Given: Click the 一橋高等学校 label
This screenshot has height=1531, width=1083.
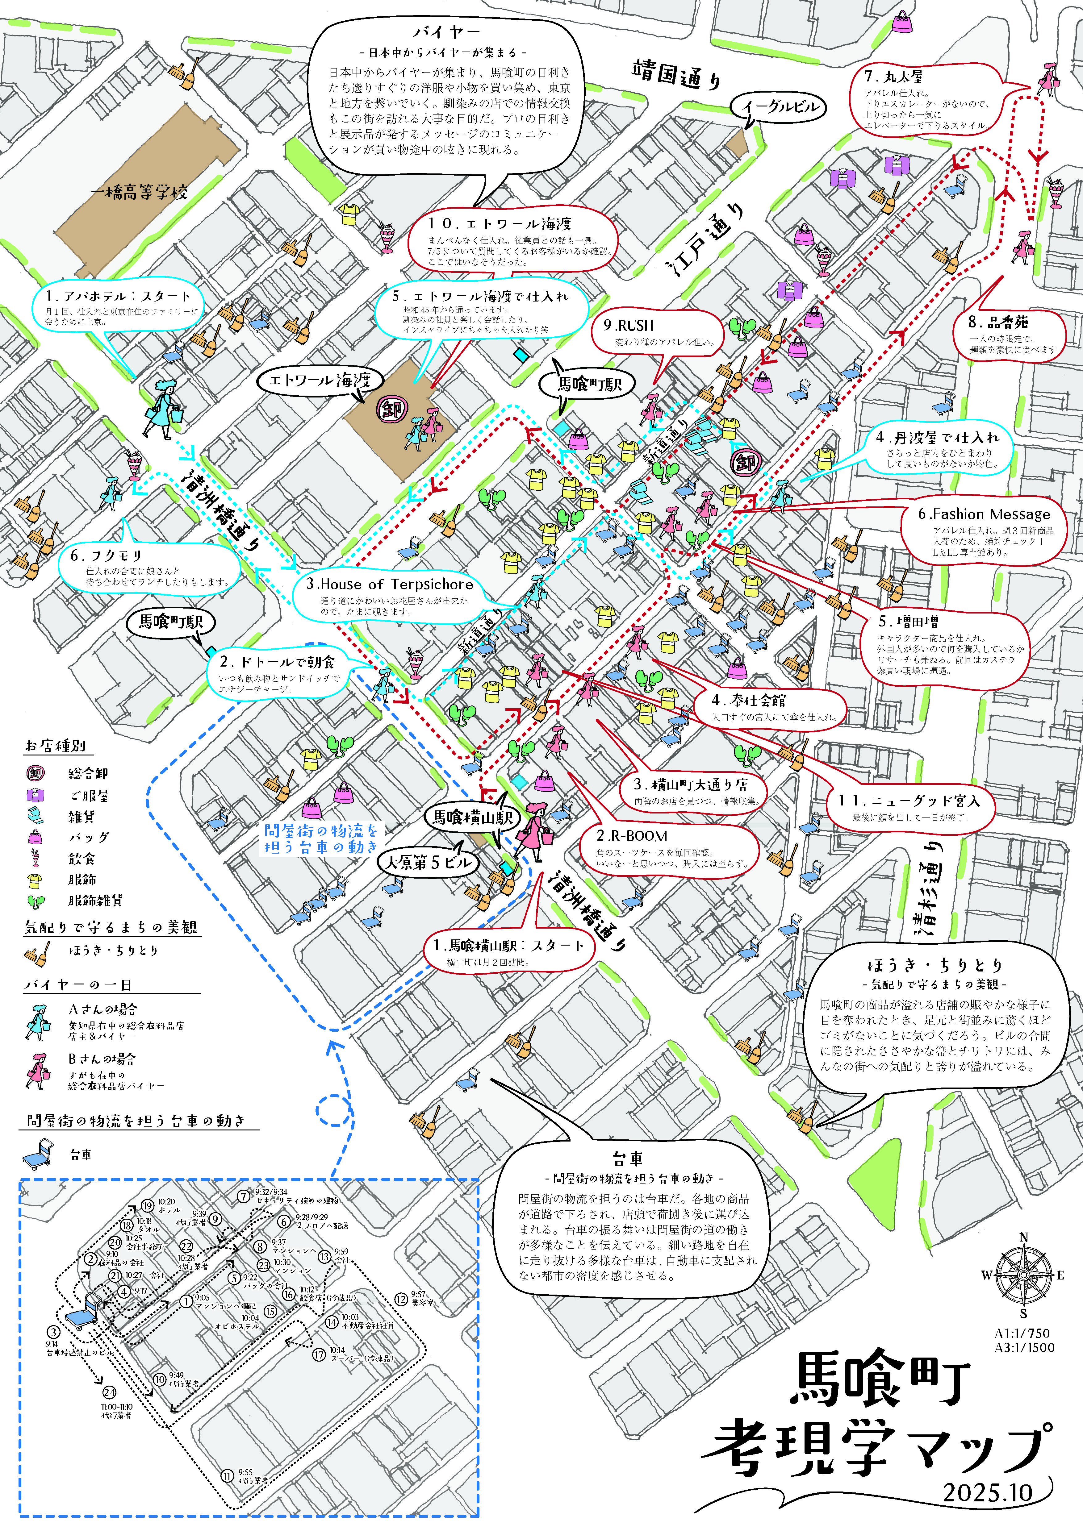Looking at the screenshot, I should (x=139, y=193).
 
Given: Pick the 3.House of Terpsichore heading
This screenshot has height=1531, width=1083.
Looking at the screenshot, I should (x=389, y=584).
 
